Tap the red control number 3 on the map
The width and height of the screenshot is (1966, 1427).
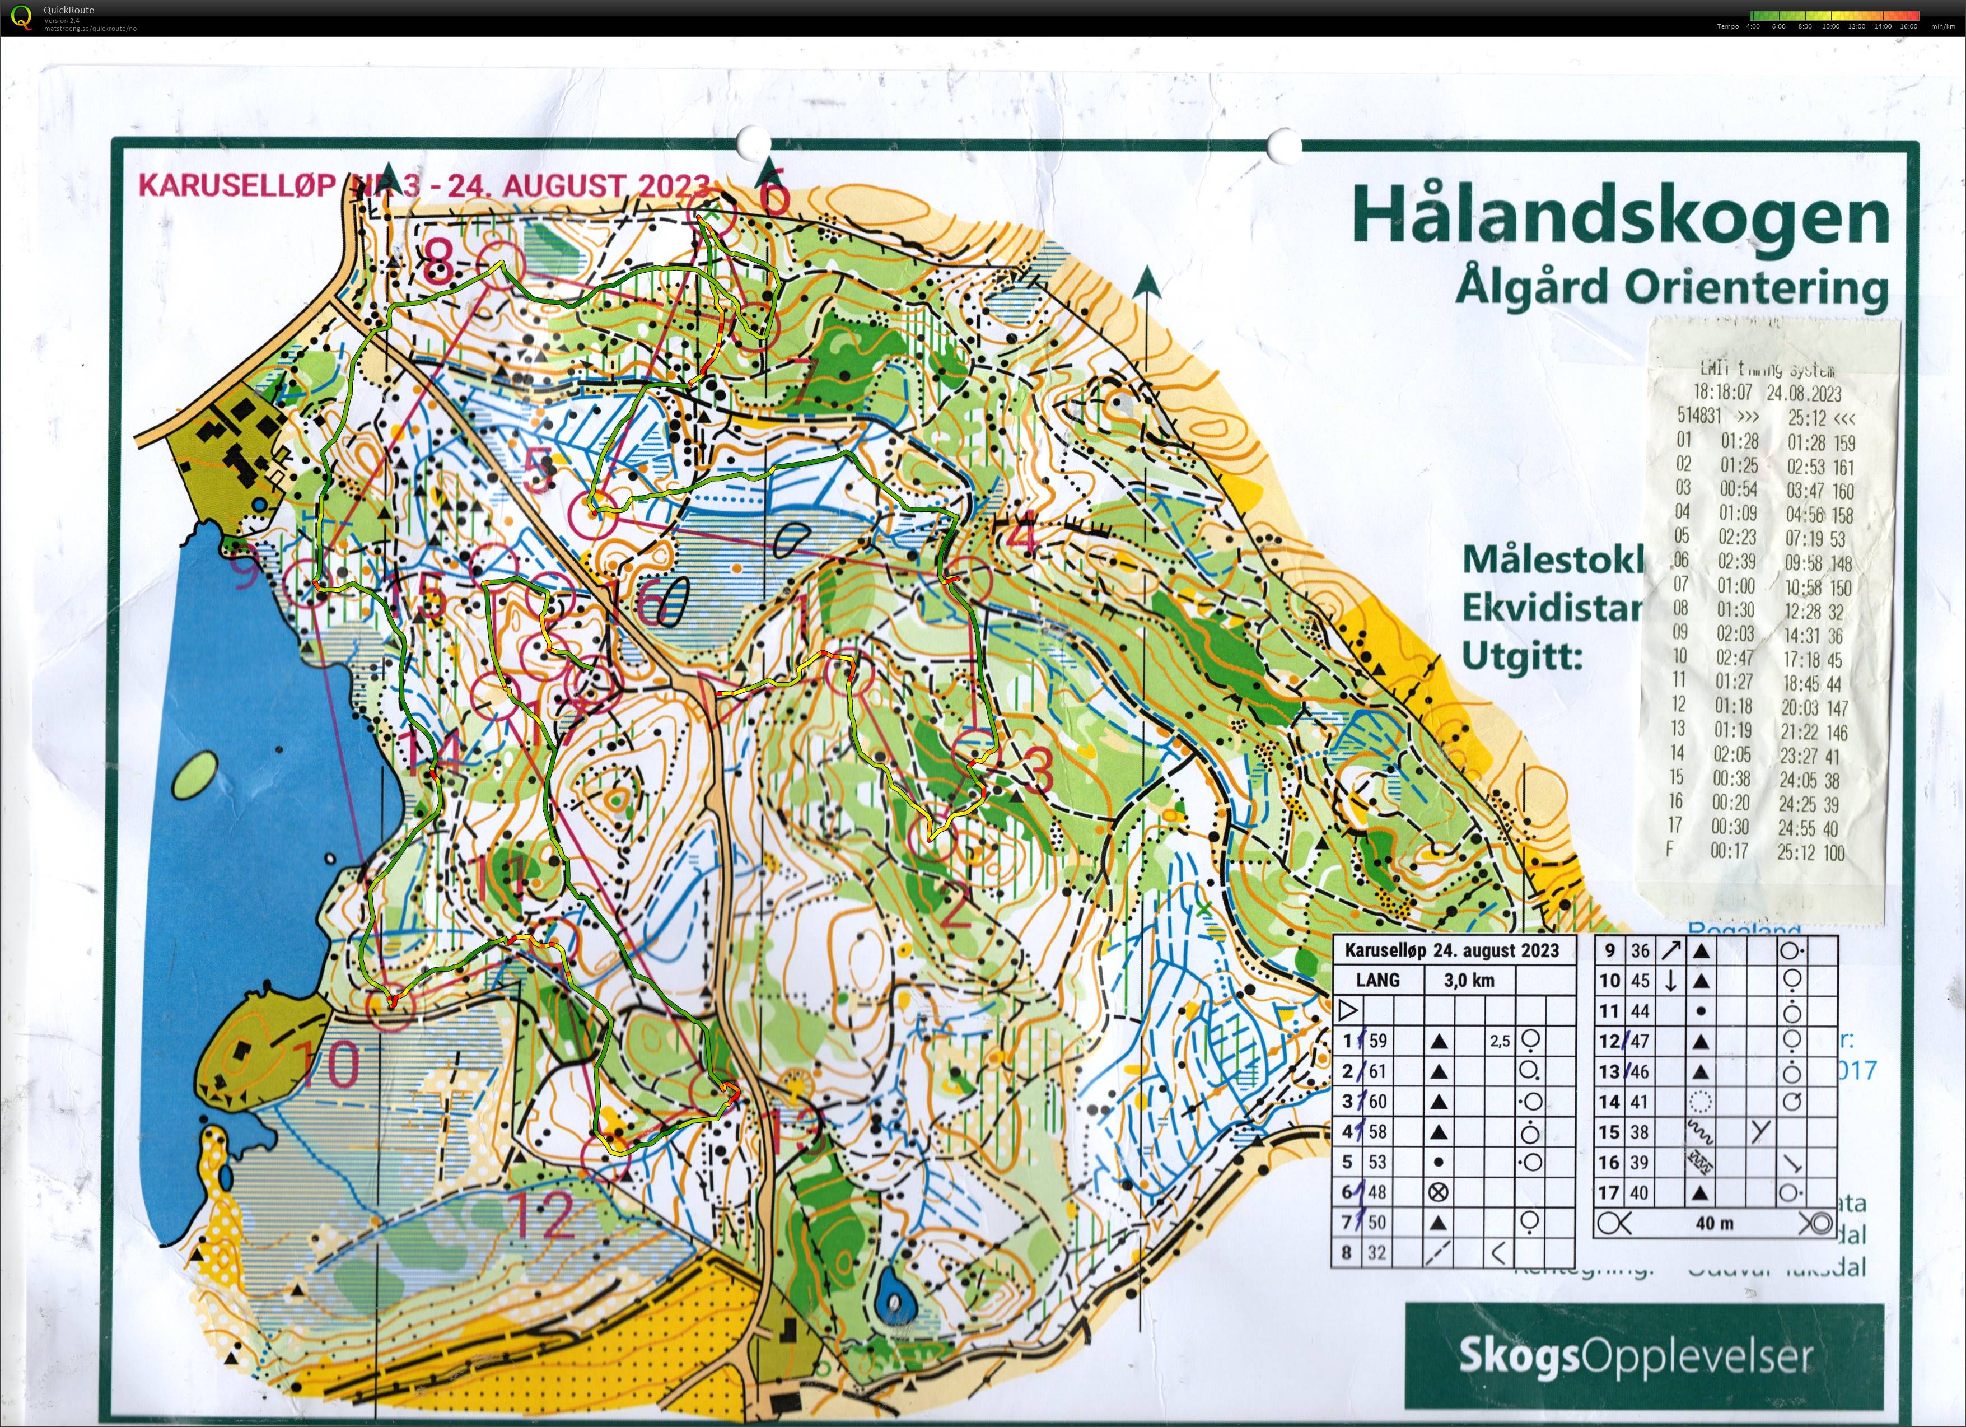click(x=1039, y=769)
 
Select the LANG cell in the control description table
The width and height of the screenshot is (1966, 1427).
click(x=1377, y=981)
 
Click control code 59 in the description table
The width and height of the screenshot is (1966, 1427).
click(x=1377, y=1041)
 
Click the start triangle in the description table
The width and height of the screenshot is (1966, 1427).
click(x=1347, y=1010)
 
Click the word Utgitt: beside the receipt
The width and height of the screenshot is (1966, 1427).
click(x=1521, y=656)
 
